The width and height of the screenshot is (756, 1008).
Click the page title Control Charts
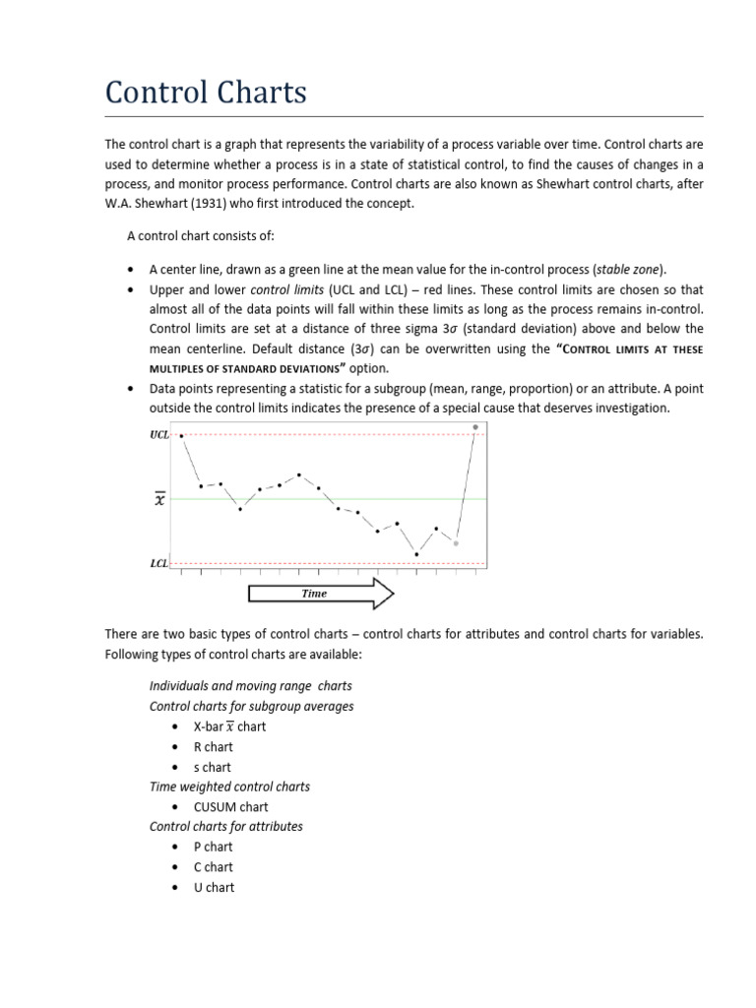point(206,93)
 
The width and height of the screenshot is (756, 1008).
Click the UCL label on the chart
point(158,434)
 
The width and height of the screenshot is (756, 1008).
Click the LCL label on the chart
point(158,564)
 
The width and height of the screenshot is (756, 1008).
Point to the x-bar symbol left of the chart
point(159,500)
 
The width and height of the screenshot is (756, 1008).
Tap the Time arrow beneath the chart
point(320,594)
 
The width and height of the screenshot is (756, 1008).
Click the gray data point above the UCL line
point(475,427)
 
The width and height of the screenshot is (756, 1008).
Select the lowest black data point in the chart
point(416,554)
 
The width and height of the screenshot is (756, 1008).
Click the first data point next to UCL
point(181,436)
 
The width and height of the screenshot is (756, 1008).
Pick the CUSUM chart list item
point(230,807)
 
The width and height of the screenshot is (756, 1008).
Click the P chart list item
point(213,847)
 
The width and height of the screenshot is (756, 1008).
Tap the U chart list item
point(214,887)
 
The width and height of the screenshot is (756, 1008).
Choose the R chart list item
point(213,746)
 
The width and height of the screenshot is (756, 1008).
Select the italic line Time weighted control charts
point(229,787)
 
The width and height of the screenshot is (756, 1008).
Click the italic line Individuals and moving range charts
point(250,685)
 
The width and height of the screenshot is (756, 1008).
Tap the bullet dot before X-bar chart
point(174,726)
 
